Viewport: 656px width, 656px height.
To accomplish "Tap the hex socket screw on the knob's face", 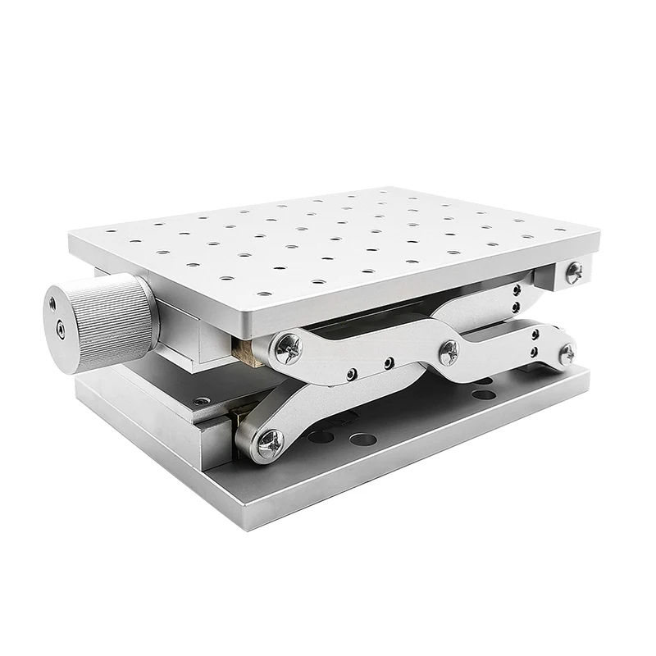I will point(60,330).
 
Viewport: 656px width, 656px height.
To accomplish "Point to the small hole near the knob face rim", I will point(53,303).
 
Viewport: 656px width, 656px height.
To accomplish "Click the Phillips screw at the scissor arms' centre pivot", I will point(448,353).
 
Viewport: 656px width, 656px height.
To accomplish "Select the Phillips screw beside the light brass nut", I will point(288,348).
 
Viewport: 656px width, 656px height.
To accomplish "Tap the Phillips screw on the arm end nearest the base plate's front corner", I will point(270,444).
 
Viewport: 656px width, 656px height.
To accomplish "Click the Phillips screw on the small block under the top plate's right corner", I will point(575,272).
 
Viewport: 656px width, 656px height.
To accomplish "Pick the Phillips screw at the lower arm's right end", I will point(567,353).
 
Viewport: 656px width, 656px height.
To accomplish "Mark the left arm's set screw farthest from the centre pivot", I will point(352,374).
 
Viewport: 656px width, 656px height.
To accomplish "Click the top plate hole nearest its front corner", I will point(263,294).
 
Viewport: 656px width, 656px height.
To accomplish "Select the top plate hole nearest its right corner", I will point(560,230).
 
